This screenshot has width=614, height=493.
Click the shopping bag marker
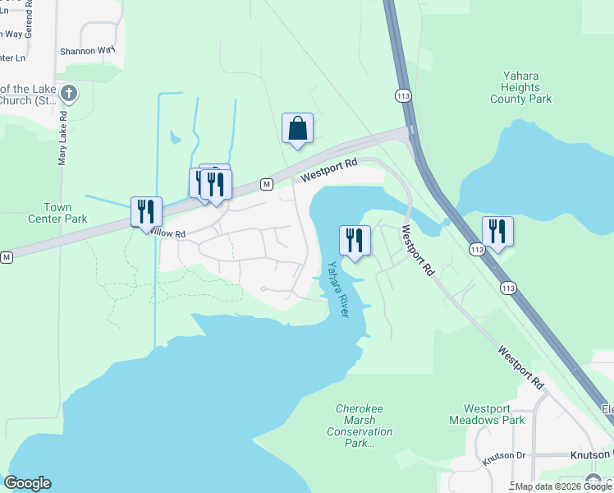[x=297, y=130]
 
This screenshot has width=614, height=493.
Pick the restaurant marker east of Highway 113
[x=497, y=232]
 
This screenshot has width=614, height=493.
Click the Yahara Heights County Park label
[x=521, y=87]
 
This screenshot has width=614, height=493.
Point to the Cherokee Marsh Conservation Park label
[x=360, y=426]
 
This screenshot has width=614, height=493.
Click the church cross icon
[x=69, y=94]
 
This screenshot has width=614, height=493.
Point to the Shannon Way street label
[x=86, y=50]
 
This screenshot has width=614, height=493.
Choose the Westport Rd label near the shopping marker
[x=328, y=170]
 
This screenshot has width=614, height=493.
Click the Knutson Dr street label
[x=503, y=455]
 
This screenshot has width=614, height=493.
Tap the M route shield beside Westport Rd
[x=266, y=183]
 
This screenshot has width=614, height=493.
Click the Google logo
[x=27, y=483]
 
